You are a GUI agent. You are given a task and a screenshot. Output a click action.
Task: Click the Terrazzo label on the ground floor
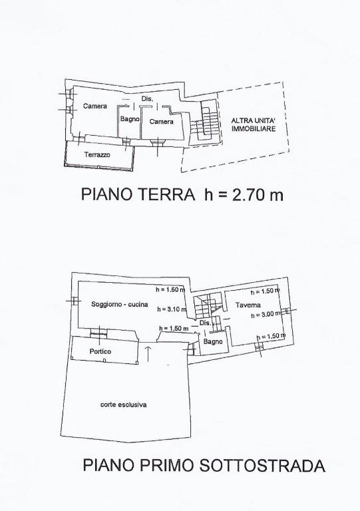pyautogui.click(x=97, y=155)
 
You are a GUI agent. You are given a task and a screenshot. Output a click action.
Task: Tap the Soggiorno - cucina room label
pyautogui.click(x=120, y=304)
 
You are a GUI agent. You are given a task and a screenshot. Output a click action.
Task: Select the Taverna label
pyautogui.click(x=248, y=305)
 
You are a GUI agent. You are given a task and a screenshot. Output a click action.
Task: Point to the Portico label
pyautogui.click(x=100, y=351)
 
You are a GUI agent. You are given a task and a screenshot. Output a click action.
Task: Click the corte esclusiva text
pyautogui.click(x=124, y=405)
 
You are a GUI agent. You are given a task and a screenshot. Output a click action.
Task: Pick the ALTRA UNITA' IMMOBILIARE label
pyautogui.click(x=254, y=124)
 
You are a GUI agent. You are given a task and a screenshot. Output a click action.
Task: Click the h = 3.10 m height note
pyautogui.click(x=172, y=309)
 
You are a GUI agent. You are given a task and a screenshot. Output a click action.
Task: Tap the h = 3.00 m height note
pyautogui.click(x=266, y=315)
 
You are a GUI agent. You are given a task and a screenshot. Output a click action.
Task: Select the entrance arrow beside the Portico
pyautogui.click(x=148, y=354)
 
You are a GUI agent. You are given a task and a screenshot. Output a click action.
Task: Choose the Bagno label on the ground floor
pyautogui.click(x=130, y=119)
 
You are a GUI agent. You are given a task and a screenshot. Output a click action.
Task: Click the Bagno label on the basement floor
pyautogui.click(x=213, y=341)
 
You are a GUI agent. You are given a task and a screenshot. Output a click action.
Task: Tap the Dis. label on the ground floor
pyautogui.click(x=147, y=98)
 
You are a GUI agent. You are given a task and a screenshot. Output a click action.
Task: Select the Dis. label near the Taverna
pyautogui.click(x=205, y=323)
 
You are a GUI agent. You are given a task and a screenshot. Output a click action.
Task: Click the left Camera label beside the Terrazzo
pyautogui.click(x=95, y=106)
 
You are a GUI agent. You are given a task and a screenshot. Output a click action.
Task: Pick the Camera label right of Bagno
pyautogui.click(x=161, y=122)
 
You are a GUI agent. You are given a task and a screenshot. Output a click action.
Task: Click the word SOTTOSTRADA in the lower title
pyautogui.click(x=262, y=465)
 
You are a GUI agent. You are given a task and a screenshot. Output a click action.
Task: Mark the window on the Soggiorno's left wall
pyautogui.click(x=75, y=301)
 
